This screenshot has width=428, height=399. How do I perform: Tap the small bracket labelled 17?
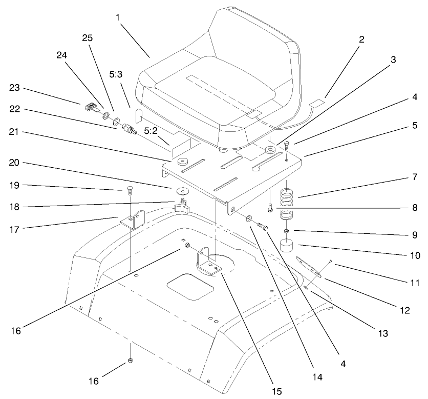click(x=132, y=222)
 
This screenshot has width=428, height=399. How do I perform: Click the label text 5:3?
click(x=116, y=74)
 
